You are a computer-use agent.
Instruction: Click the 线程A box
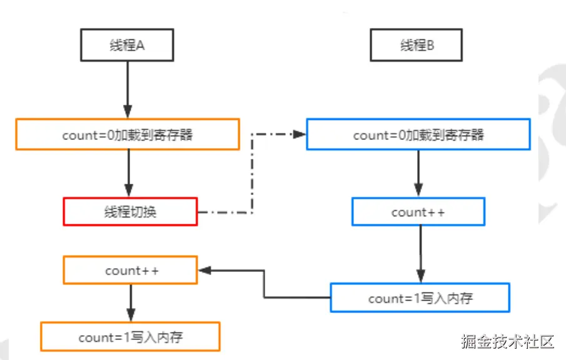(127, 46)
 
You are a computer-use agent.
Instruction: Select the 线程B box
(417, 46)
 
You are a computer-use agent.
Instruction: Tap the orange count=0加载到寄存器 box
(127, 134)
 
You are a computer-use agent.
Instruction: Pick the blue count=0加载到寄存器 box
(418, 134)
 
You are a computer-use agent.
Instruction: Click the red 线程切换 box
(130, 211)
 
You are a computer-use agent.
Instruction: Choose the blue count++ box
(418, 212)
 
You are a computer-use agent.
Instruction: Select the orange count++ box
(130, 270)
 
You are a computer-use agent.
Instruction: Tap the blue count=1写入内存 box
(420, 297)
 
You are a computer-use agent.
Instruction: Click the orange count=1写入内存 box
(130, 336)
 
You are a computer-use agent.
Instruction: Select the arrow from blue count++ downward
(420, 253)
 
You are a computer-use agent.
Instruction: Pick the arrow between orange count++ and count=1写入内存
(130, 302)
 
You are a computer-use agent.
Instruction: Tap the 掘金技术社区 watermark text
(508, 342)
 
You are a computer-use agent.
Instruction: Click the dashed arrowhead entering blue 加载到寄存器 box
(300, 134)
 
